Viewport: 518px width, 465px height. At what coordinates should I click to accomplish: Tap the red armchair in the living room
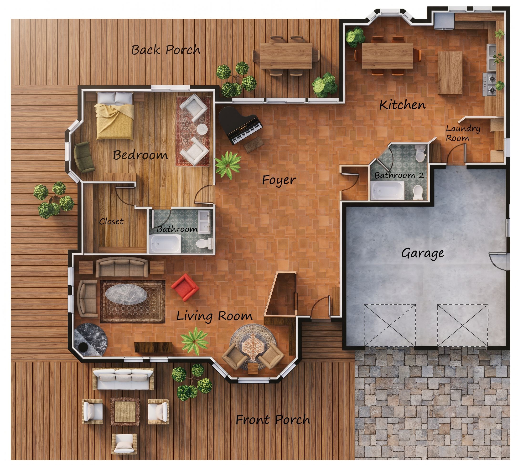coord(185,287)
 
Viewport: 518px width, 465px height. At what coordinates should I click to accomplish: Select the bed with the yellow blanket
coord(115,116)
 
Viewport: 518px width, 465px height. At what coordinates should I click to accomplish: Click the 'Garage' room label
coord(422,253)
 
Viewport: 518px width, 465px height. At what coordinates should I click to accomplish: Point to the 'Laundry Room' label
coord(463,133)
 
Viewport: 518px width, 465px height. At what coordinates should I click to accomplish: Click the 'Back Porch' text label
coord(166,50)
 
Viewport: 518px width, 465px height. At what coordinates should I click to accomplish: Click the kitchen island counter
coord(450,73)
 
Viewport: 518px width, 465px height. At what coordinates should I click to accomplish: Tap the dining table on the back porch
coord(286,56)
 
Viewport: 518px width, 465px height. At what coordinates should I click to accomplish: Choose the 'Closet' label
coord(111,221)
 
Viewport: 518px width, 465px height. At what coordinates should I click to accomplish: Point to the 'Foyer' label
coord(279,180)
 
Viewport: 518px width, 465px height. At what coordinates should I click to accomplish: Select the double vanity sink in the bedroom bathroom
coord(205,222)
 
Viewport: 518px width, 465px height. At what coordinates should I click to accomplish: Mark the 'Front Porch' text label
coord(273,420)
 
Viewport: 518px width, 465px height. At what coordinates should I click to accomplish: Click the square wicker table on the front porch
coord(125,412)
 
